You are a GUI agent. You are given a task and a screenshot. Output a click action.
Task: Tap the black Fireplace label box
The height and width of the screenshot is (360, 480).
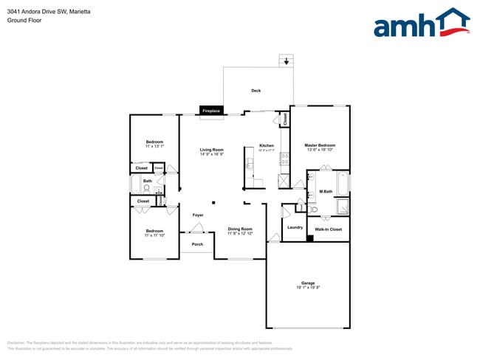[x=211, y=111]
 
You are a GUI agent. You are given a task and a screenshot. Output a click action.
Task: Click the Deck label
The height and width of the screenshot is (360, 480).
[x=256, y=91]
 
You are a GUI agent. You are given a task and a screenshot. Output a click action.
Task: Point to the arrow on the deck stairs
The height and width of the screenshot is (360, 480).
[x=286, y=62]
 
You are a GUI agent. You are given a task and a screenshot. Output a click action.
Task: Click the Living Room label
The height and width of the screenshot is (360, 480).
[x=211, y=150]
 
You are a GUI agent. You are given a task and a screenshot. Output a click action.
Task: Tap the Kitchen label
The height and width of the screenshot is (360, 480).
[x=267, y=145]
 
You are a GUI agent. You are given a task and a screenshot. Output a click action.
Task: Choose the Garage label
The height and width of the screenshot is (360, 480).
[x=307, y=283]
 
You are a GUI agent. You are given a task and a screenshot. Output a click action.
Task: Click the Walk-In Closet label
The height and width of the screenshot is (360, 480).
[x=328, y=229]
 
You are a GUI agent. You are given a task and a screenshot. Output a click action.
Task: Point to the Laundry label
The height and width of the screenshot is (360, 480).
[x=295, y=227]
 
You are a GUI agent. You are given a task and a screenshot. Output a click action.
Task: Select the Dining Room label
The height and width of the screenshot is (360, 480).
[x=240, y=229]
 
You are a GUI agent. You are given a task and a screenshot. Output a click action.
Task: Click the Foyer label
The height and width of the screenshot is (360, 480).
[x=198, y=215]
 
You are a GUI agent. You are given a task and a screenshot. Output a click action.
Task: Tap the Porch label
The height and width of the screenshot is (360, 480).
[x=197, y=244]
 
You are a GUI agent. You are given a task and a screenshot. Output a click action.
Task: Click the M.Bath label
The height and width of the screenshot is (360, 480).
[x=325, y=193]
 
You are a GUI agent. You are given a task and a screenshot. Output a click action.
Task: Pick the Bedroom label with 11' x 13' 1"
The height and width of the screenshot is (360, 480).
[x=154, y=142]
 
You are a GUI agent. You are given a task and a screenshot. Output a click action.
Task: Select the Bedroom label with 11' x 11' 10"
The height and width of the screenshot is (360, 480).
[x=154, y=231]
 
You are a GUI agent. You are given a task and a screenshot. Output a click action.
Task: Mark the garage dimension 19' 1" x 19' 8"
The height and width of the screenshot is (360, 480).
[x=307, y=288]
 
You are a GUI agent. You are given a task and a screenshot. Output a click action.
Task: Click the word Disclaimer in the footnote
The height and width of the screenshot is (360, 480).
[x=16, y=343]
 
